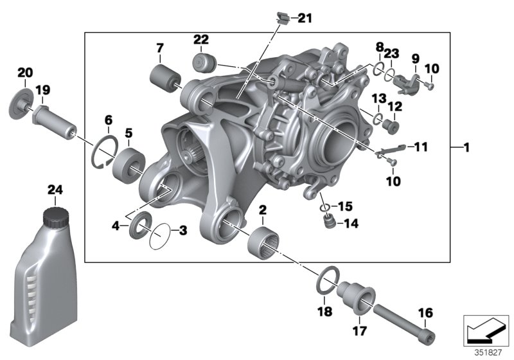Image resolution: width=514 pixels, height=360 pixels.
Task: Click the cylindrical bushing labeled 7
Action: tap(163, 78)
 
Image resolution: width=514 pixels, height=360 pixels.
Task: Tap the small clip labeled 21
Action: tap(280, 17)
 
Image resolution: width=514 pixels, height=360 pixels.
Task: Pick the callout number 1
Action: tap(467, 148)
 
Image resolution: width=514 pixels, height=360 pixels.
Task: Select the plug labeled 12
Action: tap(387, 124)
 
